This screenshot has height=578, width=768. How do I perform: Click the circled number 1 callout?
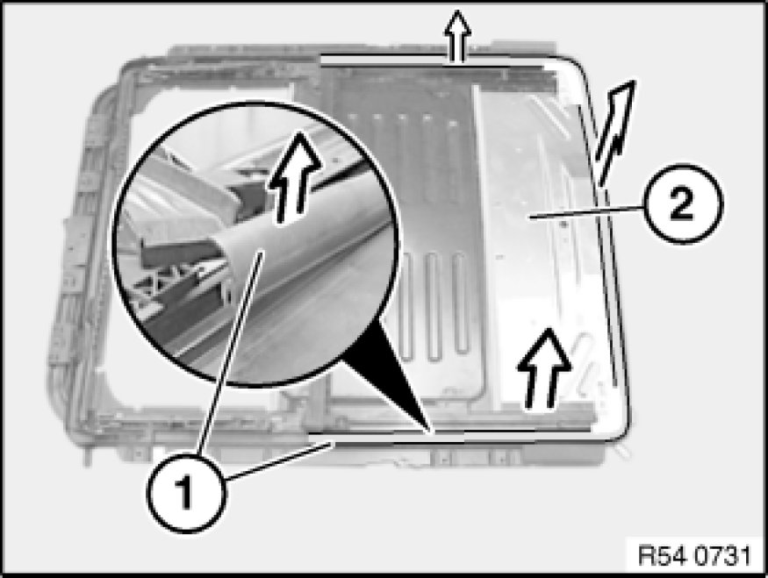pos(186,492)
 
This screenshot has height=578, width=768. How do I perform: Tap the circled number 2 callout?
pos(682,203)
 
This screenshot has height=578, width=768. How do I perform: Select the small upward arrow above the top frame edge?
pos(457,37)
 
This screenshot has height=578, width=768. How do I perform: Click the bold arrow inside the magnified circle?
pos(293,177)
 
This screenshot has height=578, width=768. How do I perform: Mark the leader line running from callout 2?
pos(587,212)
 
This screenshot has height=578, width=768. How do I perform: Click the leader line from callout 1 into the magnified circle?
pos(230,353)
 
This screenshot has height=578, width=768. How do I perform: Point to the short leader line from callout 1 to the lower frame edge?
pos(279,460)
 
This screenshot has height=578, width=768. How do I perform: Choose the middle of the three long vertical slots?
pos(432,306)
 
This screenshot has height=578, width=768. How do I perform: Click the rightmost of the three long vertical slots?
pos(460,303)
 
